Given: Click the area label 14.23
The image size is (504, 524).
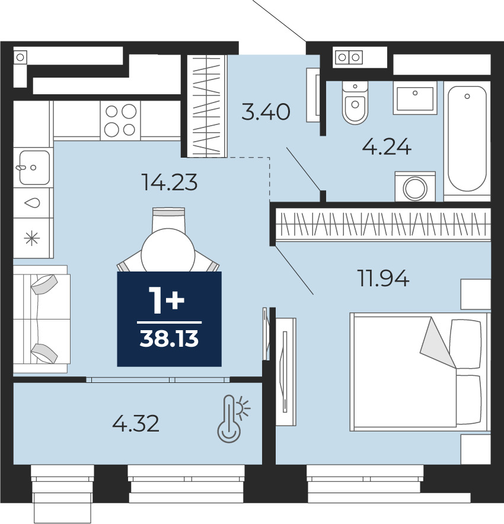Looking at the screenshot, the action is point(170,183).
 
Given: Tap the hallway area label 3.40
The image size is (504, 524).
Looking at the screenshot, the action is point(266,111).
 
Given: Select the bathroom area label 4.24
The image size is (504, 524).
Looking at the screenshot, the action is point(387,147).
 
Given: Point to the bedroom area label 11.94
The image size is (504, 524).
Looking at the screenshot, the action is point(384,279).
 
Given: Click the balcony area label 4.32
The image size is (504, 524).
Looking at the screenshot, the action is point(136,423).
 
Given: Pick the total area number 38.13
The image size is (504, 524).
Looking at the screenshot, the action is point(169,338).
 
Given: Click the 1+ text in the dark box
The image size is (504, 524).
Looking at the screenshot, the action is point(167,301).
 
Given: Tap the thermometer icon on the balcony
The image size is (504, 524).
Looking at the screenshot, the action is point(233,418).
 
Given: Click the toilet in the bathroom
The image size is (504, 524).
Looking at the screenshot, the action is point(355,103).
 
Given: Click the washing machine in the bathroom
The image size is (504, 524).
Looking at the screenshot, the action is point(415,187).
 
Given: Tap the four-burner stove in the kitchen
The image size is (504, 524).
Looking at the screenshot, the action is point(120,120).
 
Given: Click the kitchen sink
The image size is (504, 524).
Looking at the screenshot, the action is point(33,167).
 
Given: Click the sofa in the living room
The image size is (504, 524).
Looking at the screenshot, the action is point(41,319).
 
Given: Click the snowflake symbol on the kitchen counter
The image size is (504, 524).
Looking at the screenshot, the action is point(32,238).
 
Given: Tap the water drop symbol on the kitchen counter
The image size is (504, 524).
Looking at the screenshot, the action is point(33,203).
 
